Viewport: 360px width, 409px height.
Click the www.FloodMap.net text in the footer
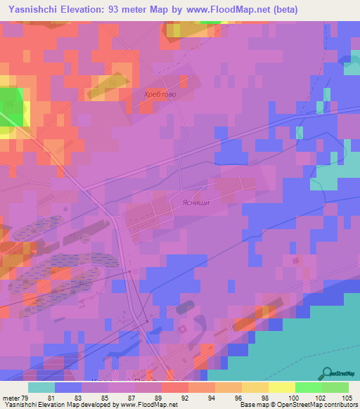pyautogui.click(x=147, y=405)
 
